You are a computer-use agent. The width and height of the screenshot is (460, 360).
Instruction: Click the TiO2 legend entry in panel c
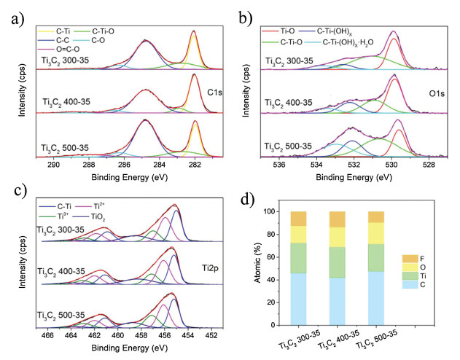pos(98,217)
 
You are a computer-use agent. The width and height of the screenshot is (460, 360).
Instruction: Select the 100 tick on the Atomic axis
pos(271,212)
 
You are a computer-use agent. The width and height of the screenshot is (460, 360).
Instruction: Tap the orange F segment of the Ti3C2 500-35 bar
pos(375,216)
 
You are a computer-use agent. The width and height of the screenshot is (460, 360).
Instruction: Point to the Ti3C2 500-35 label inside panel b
pos(289,146)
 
